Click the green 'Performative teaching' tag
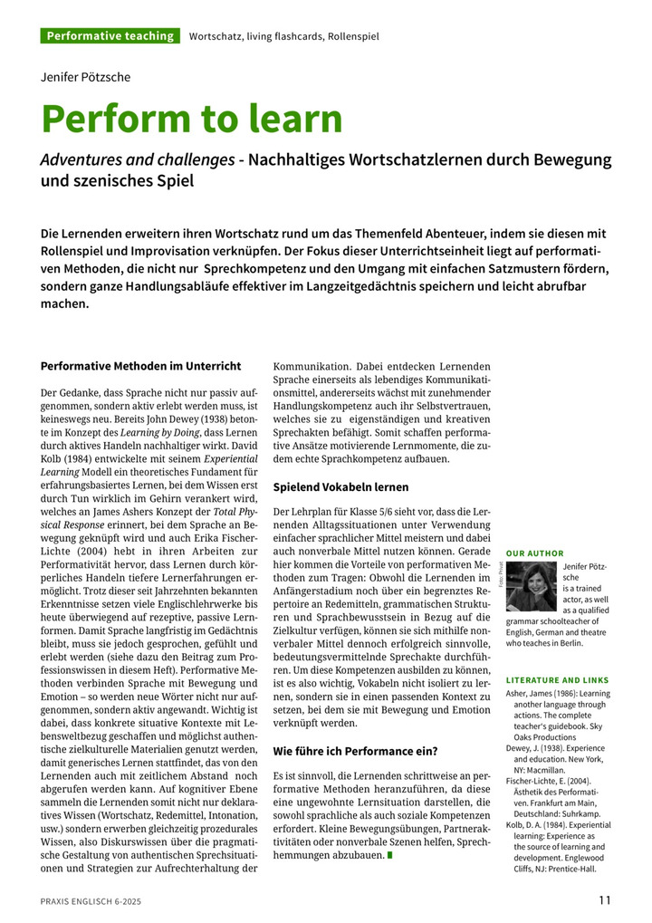click(x=110, y=36)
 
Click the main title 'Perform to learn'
click(x=191, y=120)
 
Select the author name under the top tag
click(x=85, y=77)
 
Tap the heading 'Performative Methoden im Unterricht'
click(x=140, y=366)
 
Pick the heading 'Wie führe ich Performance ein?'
click(x=355, y=751)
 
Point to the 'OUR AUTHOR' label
click(x=534, y=553)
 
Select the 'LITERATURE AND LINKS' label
click(x=557, y=679)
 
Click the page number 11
click(x=605, y=900)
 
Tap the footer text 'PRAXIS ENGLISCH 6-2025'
click(x=91, y=901)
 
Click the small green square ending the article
click(x=389, y=854)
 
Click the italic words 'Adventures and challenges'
click(x=138, y=160)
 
